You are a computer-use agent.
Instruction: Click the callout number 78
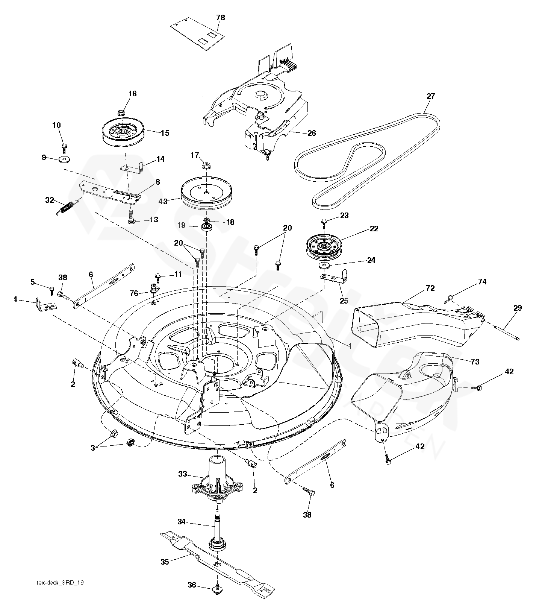coord(221,18)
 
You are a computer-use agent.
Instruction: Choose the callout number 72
coord(430,289)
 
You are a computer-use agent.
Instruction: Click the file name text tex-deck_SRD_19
coord(60,593)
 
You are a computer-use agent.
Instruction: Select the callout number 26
coord(311,133)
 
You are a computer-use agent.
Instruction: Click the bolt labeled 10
coord(64,146)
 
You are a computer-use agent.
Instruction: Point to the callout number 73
coord(475,361)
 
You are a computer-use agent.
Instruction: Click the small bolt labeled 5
coord(51,290)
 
